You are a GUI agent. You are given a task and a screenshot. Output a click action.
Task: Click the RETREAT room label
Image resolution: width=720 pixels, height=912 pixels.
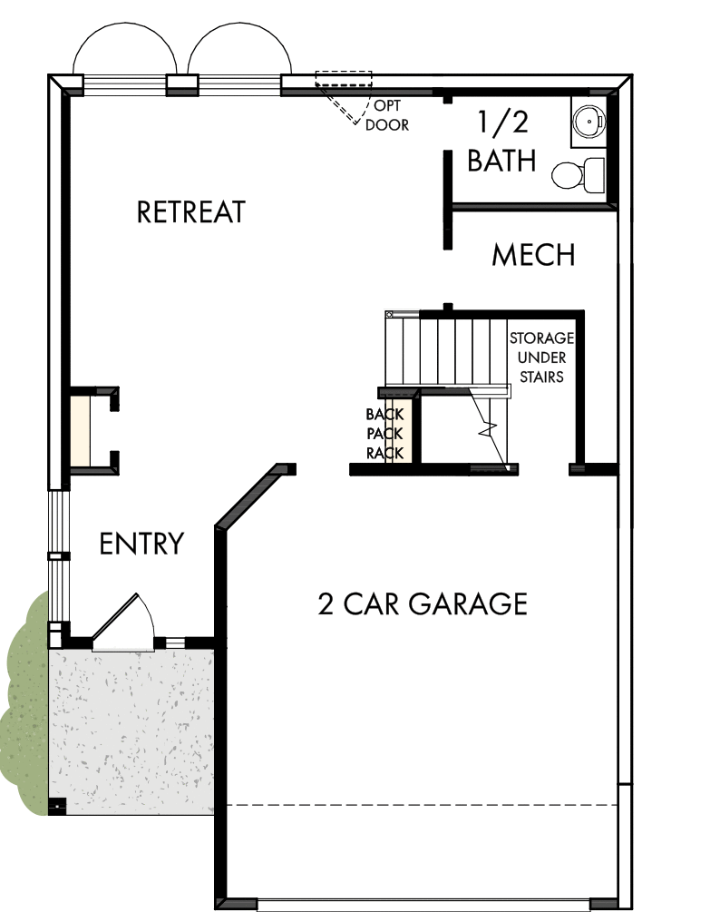(190, 212)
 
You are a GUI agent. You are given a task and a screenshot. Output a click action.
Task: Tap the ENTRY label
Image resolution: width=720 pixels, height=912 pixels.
(141, 544)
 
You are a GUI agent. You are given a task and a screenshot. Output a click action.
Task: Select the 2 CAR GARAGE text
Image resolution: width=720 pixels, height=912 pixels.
(423, 603)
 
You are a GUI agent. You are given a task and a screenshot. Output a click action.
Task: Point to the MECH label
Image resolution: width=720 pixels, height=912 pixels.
(533, 256)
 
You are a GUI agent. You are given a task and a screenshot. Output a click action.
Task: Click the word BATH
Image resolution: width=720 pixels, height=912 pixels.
(501, 162)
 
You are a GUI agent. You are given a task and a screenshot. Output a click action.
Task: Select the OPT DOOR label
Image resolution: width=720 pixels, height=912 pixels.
(387, 115)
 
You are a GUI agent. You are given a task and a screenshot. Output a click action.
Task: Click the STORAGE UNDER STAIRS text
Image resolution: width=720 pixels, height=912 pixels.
(541, 357)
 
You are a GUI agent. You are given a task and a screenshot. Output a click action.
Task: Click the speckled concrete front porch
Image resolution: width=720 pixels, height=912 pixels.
(131, 726)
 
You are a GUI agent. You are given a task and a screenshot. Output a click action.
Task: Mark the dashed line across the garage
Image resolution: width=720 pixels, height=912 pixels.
(422, 805)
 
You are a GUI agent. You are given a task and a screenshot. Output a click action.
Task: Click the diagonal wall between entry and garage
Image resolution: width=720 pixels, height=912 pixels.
(247, 496)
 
